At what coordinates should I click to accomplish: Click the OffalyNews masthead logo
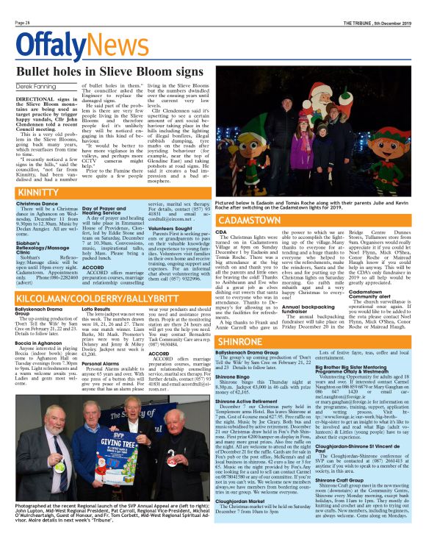71,45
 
